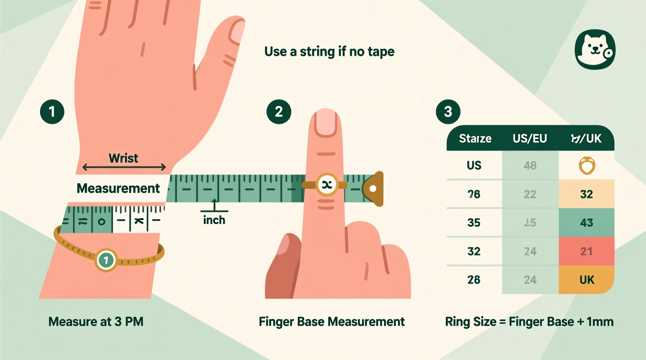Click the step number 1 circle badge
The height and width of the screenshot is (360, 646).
coord(52,112)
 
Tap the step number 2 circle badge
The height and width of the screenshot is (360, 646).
coord(279,112)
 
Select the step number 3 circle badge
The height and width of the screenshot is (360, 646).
coord(448,112)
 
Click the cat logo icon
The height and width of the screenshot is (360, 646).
coord(595,49)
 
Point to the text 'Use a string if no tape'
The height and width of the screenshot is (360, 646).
coord(329,52)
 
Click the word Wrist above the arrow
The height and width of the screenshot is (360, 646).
coord(123,158)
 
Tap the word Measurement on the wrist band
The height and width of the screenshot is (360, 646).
coord(118,189)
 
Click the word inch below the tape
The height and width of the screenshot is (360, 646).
coord(214,220)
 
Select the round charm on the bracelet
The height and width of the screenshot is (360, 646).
coord(106,260)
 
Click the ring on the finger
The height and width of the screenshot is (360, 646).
coord(326,185)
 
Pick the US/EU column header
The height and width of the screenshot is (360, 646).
coord(530,138)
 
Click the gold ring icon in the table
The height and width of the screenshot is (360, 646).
coord(587,166)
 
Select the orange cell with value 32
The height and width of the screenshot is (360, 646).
coord(586,194)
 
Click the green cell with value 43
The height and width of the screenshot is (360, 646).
coord(586,223)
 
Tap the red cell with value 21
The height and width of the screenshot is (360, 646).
coord(586,251)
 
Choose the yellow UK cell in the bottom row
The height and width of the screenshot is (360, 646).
coord(586,280)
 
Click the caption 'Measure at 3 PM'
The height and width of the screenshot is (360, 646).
coord(96,322)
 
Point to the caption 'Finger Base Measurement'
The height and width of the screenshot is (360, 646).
coord(332,322)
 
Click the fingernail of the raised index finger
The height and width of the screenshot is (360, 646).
coord(326,122)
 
